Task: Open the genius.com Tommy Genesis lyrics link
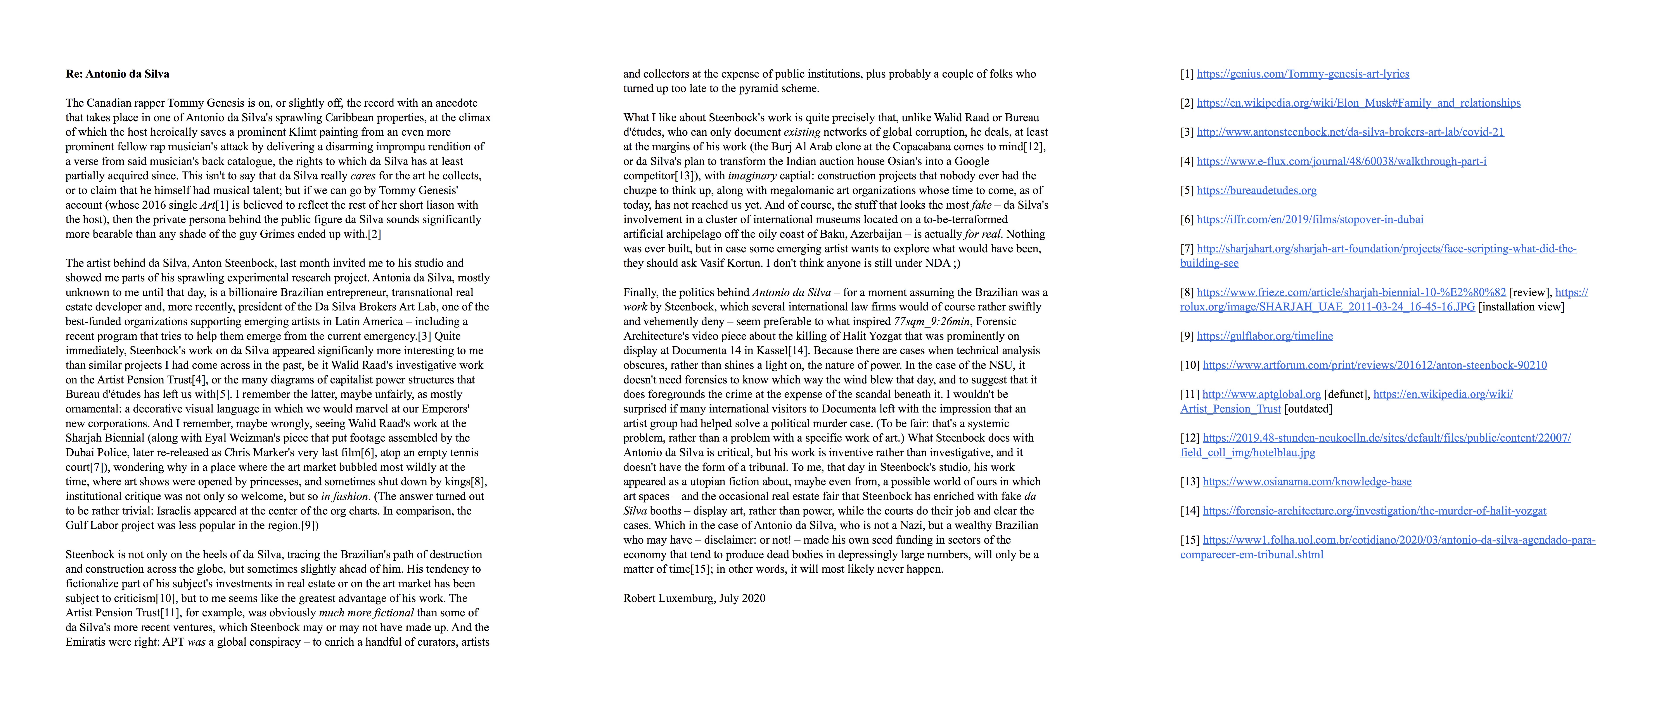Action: (x=1303, y=74)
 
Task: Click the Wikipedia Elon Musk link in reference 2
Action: (x=1358, y=103)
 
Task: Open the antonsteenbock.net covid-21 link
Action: (x=1350, y=132)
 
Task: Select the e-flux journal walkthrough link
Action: (x=1341, y=162)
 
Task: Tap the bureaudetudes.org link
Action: (x=1256, y=191)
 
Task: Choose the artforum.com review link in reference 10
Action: (x=1375, y=365)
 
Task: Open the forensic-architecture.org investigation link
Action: (x=1374, y=511)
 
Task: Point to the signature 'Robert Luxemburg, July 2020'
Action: (x=694, y=598)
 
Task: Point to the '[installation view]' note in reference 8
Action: (x=1521, y=307)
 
